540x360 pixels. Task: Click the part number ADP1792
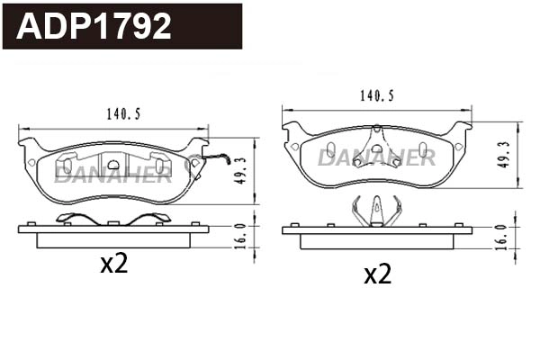[94, 26]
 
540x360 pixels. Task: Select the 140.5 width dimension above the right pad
[377, 93]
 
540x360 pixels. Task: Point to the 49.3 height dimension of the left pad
[240, 170]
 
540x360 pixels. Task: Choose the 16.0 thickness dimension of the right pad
[500, 237]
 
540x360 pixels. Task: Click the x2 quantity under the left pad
[114, 264]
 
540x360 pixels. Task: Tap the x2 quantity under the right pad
[377, 274]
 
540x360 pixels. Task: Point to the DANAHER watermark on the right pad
[376, 157]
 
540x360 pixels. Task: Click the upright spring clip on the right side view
[377, 211]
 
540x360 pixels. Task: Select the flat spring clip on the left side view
[113, 219]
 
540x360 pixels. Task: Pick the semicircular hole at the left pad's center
[113, 165]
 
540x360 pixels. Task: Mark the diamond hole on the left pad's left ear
[32, 162]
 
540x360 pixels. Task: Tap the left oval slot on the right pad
[331, 148]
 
